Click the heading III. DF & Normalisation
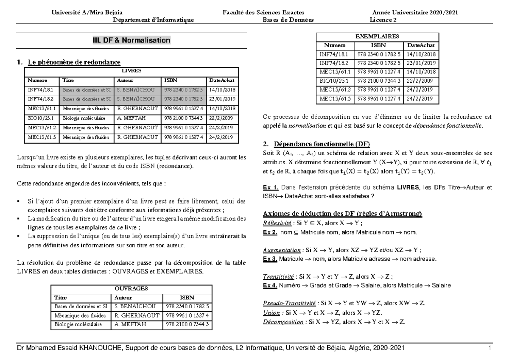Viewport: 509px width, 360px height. (x=131, y=40)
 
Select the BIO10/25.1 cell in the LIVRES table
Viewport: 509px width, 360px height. (x=41, y=118)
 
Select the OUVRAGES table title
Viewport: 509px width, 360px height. (x=131, y=288)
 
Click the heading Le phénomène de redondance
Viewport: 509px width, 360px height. (x=71, y=63)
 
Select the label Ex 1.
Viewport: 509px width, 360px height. (x=271, y=187)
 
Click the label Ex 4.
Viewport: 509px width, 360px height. (x=270, y=285)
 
